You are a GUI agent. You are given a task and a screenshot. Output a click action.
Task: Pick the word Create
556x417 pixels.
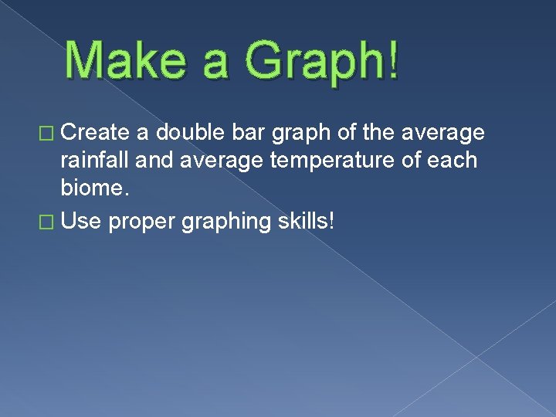tap(96, 134)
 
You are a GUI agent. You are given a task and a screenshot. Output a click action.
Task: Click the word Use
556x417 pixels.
tap(81, 222)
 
